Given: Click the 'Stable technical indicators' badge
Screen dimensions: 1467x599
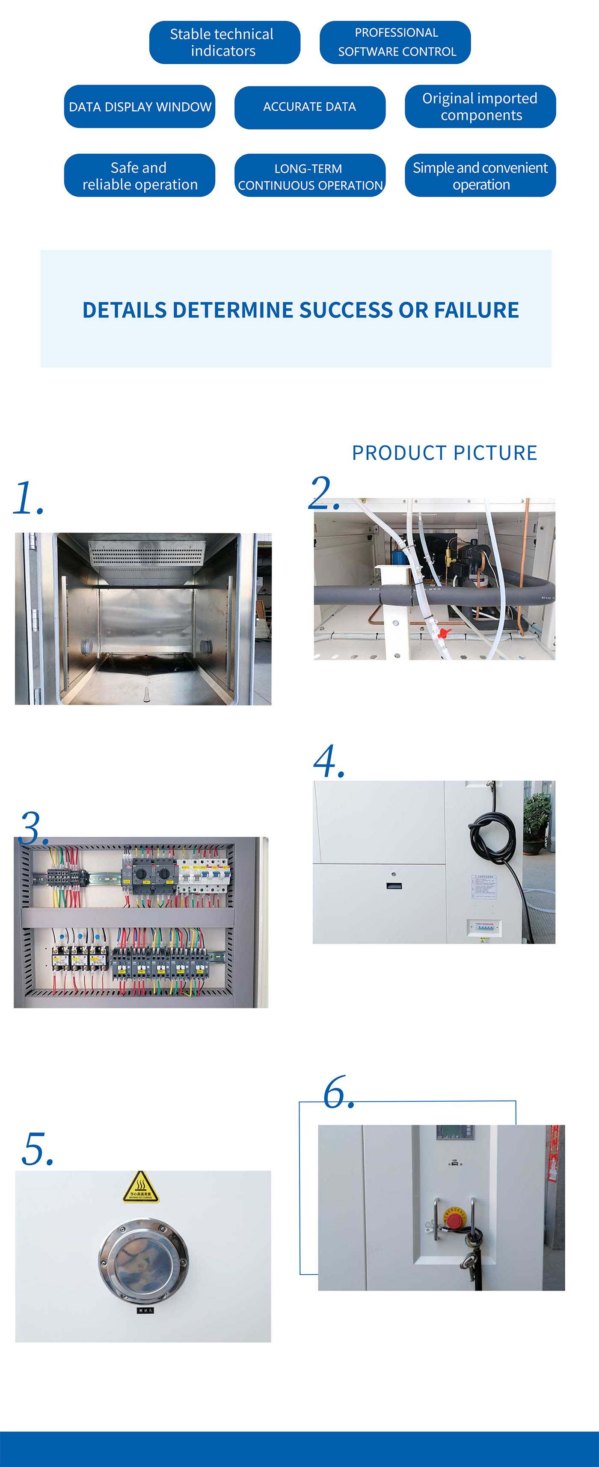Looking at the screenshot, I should (224, 43).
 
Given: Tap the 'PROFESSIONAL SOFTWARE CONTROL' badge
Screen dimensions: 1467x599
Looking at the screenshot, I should (395, 43).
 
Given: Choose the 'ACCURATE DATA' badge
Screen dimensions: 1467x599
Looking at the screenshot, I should (309, 107).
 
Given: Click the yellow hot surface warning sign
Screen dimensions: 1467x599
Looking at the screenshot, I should (140, 1188).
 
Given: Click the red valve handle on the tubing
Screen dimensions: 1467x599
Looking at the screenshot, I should (444, 633).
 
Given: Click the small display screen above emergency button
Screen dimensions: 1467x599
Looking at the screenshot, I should (454, 1132).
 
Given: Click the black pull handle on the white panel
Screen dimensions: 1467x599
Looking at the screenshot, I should (394, 886).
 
